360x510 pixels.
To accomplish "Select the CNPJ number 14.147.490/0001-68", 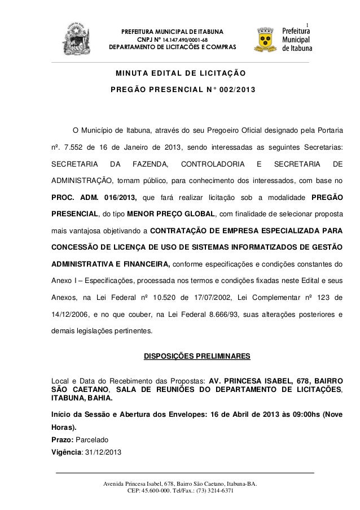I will tap(182, 39).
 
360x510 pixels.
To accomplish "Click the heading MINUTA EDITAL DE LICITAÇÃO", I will tap(180, 73).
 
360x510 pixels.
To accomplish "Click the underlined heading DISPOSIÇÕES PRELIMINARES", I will tap(194, 356).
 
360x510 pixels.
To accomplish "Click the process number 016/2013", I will tap(120, 198).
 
